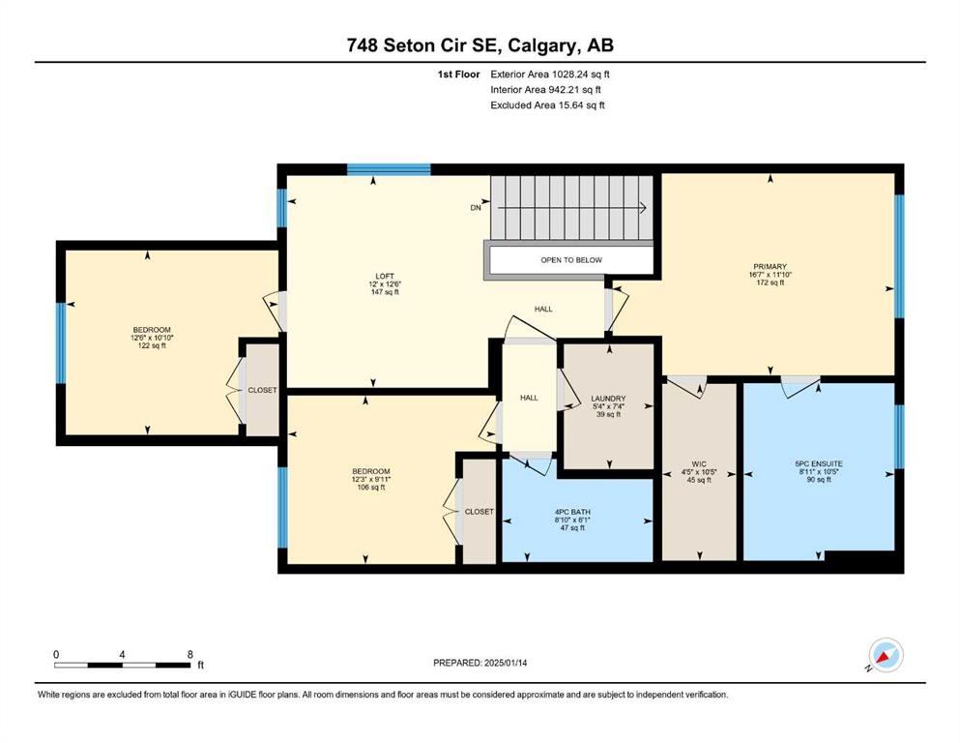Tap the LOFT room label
point(385,277)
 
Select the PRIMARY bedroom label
point(770,266)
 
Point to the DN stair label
point(476,208)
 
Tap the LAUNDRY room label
point(608,399)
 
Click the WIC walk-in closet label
point(699,464)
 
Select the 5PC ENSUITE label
point(819,463)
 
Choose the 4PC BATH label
point(572,512)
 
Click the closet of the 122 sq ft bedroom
point(262,390)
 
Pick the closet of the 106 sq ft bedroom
point(479,512)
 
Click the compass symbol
point(886,656)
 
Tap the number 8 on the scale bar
point(190,654)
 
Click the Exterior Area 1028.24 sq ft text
point(550,74)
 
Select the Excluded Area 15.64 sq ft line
point(547,104)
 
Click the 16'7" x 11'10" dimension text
point(771,275)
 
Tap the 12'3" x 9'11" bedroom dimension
point(371,480)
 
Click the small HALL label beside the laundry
point(529,398)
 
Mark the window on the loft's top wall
point(389,169)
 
